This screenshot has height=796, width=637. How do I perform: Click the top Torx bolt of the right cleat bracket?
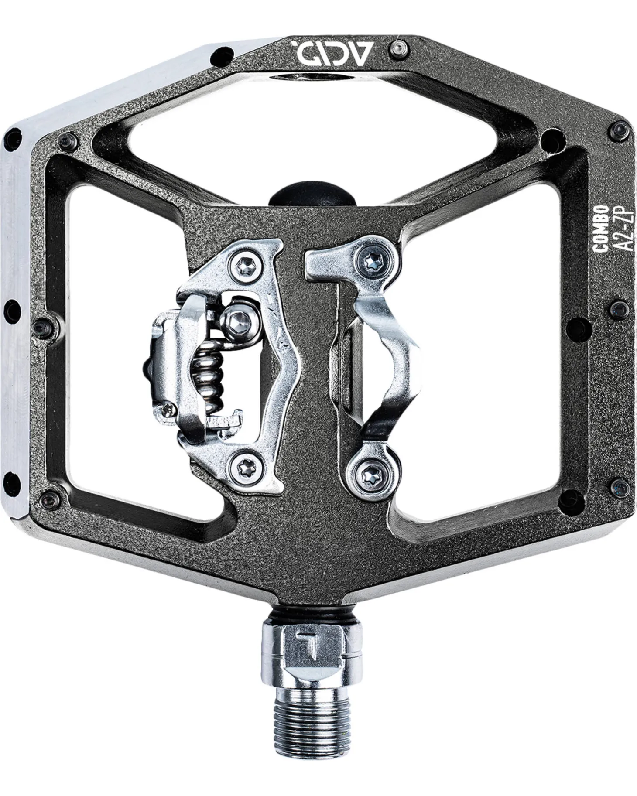pos(373,261)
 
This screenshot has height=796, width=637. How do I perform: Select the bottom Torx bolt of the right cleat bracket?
pos(369,471)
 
